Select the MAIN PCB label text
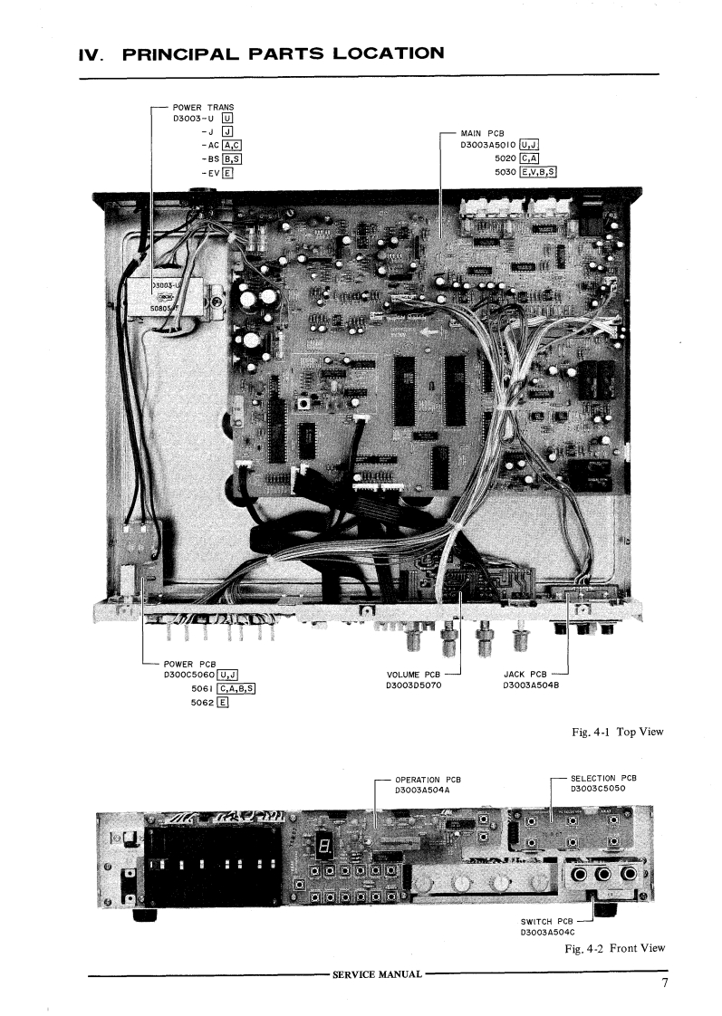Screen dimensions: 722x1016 486,134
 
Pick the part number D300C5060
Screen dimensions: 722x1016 190,675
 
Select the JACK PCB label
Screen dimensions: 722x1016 525,675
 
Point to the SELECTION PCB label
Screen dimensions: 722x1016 603,778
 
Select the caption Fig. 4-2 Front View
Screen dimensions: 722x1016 613,948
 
